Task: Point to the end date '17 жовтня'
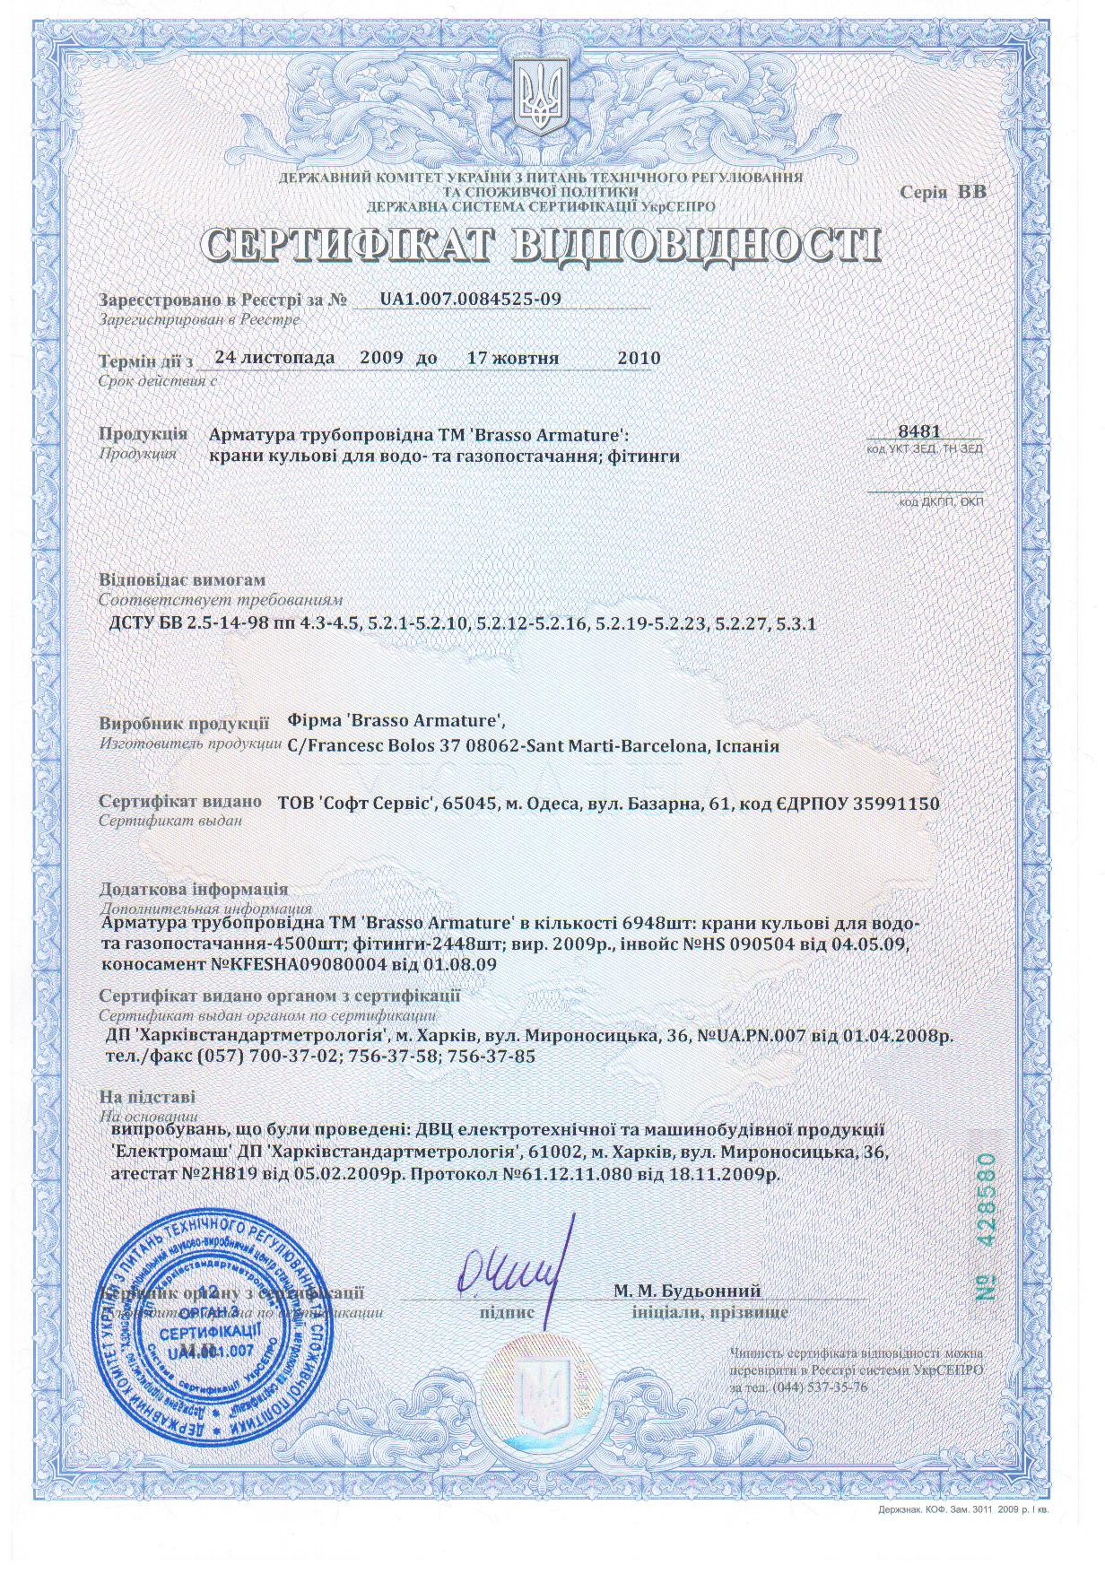click(513, 358)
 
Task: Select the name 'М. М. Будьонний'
click(687, 1291)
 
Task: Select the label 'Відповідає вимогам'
click(182, 580)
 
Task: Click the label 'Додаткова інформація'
click(193, 889)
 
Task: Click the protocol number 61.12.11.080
click(562, 1173)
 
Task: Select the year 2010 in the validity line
click(639, 358)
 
